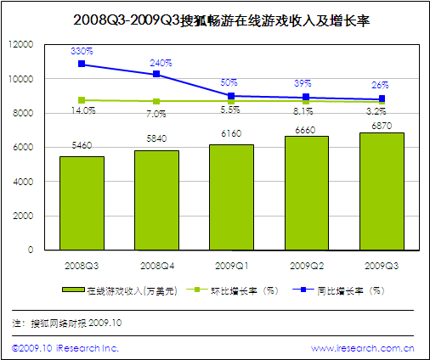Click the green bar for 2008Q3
point(82,203)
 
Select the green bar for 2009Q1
point(231,197)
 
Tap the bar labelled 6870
point(381,191)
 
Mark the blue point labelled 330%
point(82,64)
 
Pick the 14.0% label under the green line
point(82,110)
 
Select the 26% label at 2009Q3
point(380,85)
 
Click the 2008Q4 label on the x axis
point(156,266)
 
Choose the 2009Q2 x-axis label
point(306,266)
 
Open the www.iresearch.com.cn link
point(362,348)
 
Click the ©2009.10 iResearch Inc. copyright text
point(65,348)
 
